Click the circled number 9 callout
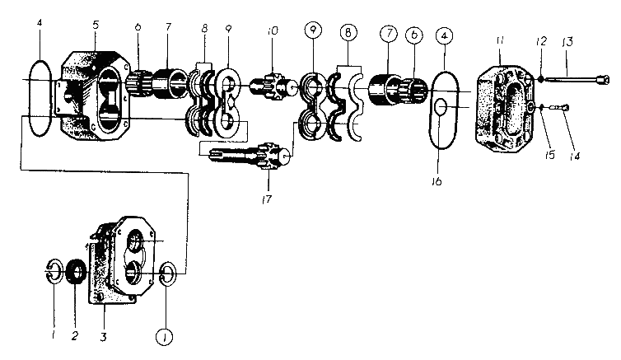[313, 30]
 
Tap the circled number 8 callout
[348, 32]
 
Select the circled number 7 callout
[389, 34]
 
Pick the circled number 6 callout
[414, 35]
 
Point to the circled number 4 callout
[444, 36]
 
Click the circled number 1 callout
[165, 338]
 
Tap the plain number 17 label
[267, 199]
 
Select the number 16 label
[437, 181]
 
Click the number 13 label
[567, 42]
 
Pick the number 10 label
[273, 30]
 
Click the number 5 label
[96, 25]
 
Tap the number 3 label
[104, 337]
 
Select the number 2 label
[75, 336]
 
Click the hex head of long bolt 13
[603, 81]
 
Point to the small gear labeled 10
[274, 86]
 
